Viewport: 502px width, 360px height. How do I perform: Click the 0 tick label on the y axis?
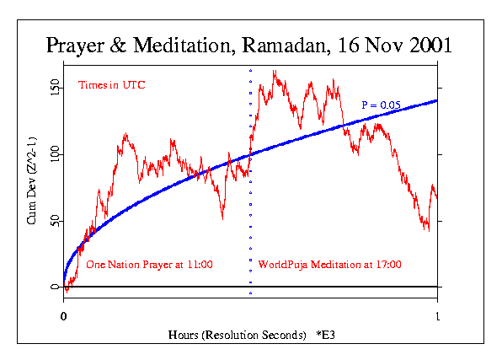click(x=54, y=287)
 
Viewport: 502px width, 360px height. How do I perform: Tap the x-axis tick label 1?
click(x=437, y=316)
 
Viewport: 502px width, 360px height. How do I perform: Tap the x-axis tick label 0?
click(x=63, y=316)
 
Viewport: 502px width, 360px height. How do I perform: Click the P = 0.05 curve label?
click(x=380, y=105)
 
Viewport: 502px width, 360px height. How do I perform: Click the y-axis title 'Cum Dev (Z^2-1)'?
click(x=31, y=187)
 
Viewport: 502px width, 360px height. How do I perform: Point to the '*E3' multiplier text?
click(x=330, y=335)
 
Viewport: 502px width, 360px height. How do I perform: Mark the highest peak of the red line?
click(x=274, y=72)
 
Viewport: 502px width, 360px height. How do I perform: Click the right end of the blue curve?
click(x=437, y=100)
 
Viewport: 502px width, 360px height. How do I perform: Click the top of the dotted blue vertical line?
click(x=250, y=69)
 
